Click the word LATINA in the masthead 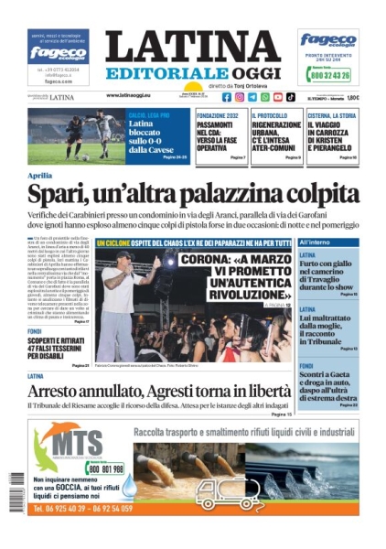(193, 48)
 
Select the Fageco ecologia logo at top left (58, 54)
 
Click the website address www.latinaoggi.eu (130, 95)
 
